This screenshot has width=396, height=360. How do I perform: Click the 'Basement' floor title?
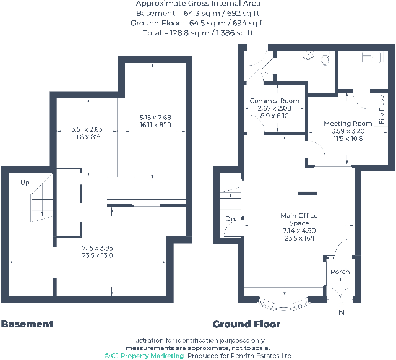pos(27,324)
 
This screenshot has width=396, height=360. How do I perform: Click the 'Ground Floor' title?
pos(246,324)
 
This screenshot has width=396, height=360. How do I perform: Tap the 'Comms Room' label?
pos(274,101)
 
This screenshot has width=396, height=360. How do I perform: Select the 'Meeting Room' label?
pos(348,124)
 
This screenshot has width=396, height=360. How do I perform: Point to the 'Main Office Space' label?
pos(299,219)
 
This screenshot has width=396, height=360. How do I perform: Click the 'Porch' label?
pos(340,272)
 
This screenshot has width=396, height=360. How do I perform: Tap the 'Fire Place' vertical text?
pos(381,109)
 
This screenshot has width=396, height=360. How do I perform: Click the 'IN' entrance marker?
pos(340,313)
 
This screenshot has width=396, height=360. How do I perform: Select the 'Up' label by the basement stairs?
pos(25,182)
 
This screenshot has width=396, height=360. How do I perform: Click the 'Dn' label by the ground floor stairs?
pos(230,218)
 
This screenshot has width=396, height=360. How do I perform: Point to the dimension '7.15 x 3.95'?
pos(97,247)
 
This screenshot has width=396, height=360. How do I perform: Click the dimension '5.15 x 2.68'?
pos(155,118)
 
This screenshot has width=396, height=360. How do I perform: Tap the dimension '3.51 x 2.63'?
pos(87,129)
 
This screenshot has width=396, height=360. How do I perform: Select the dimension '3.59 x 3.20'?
pos(348,131)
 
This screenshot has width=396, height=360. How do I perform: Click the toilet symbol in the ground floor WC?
pos(325,60)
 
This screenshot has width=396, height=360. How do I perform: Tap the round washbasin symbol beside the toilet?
pos(308,55)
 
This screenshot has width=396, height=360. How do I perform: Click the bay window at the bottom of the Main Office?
pos(284,304)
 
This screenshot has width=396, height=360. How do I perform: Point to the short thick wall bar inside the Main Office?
pos(308,194)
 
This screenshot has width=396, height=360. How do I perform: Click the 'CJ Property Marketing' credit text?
pos(144,356)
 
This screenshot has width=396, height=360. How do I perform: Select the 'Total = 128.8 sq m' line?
pos(198,33)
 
